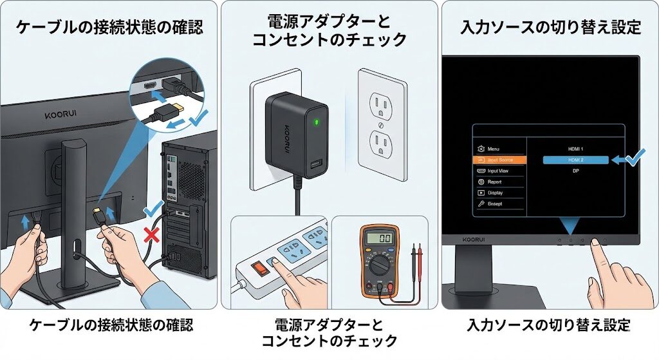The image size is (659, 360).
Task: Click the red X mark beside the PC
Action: click(x=152, y=235)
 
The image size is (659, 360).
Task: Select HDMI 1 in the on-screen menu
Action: click(x=576, y=149)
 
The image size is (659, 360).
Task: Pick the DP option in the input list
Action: click(x=576, y=171)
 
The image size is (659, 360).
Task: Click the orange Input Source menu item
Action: click(x=500, y=159)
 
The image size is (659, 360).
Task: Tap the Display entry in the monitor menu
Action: click(x=495, y=193)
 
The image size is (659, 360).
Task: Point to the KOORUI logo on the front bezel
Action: click(x=473, y=240)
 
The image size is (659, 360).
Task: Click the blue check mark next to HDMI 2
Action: click(x=635, y=156)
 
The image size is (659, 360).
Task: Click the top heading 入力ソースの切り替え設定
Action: click(x=550, y=28)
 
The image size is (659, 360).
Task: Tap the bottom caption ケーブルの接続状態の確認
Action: click(x=111, y=325)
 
